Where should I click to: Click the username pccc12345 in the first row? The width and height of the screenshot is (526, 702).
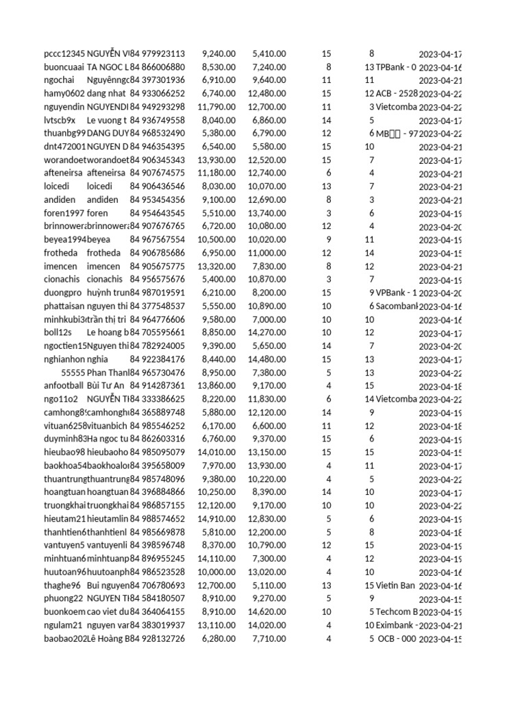click(64, 53)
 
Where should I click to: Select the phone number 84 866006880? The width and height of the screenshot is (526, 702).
click(158, 67)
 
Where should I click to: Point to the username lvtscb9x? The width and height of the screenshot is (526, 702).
click(60, 120)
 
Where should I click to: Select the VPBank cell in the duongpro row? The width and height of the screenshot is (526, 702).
click(396, 293)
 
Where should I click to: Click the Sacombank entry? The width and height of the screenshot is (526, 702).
click(397, 306)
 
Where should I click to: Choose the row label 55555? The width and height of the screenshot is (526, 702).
click(73, 372)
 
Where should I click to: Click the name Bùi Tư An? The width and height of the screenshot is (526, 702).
click(106, 386)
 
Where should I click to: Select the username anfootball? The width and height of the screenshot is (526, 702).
click(64, 386)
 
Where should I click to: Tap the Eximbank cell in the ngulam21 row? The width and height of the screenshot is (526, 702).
click(396, 625)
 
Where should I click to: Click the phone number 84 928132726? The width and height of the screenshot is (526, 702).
click(158, 639)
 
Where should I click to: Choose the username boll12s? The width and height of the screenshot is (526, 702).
click(58, 332)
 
